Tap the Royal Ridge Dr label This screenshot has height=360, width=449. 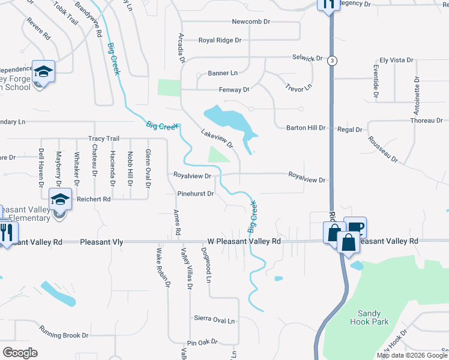(220, 41)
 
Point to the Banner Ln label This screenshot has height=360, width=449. (223, 73)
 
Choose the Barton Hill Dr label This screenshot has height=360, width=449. (305, 128)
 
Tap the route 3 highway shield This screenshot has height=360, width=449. (332, 60)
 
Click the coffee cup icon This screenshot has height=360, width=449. (355, 226)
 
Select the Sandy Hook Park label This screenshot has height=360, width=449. (373, 317)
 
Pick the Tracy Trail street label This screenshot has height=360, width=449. (104, 139)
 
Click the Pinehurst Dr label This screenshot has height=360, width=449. (196, 194)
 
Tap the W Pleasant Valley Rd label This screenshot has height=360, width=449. (244, 241)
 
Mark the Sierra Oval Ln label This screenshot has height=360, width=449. (214, 320)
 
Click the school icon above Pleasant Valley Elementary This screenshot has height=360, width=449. (60, 198)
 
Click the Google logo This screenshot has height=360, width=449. (20, 352)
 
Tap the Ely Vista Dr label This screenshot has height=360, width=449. (397, 61)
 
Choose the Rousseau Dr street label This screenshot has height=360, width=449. (383, 148)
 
